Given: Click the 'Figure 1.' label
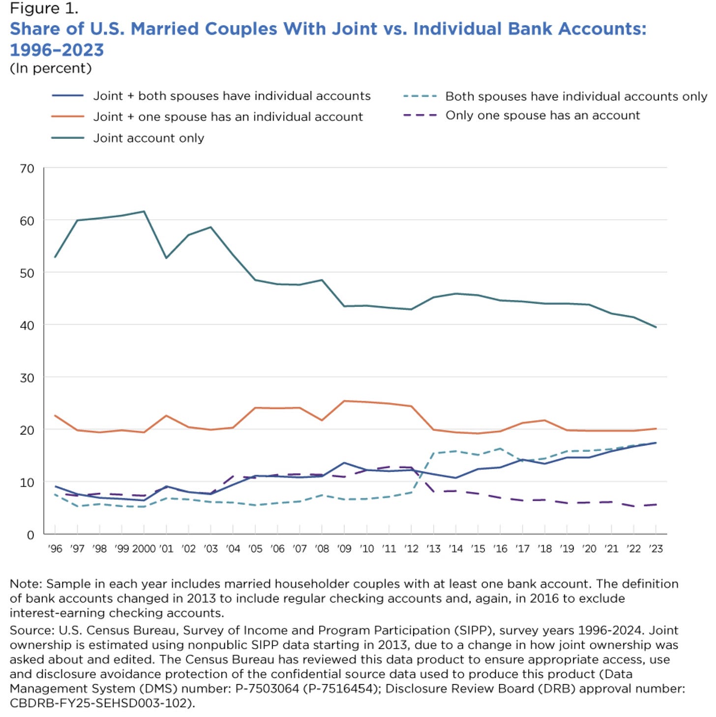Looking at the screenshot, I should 44,8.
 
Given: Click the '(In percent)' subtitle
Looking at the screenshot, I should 51,68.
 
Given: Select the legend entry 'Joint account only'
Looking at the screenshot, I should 149,138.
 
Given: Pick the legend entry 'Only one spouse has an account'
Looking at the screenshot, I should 542,116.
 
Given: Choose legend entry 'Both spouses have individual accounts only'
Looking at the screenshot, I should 576,96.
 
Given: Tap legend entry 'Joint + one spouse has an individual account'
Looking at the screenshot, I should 228,117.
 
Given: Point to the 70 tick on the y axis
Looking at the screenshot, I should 27,169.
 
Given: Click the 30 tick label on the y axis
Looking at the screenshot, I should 27,378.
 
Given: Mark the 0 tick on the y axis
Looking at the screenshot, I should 30,535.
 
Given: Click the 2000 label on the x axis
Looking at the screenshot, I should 144,549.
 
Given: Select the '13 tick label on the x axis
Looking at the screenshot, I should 433,549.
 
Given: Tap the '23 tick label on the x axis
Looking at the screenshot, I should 656,549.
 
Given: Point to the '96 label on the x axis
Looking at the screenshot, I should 55,549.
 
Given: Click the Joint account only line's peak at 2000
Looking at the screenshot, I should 144,211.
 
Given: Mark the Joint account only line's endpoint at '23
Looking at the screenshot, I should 656,327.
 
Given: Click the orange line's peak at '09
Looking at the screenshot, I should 344,401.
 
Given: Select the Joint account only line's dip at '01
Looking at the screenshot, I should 166,258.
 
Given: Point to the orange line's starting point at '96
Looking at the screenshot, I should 55,416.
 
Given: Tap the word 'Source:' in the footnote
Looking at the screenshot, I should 32,630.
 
